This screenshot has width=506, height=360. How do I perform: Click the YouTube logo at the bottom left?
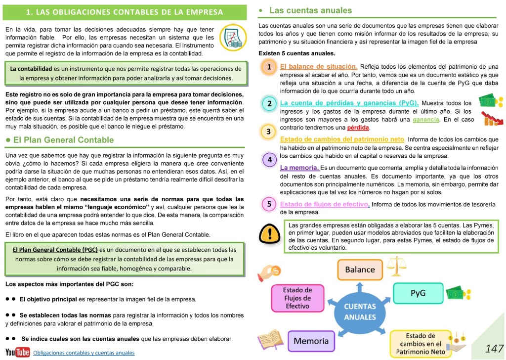click(17, 352)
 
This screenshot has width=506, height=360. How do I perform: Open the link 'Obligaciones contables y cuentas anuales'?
click(84, 353)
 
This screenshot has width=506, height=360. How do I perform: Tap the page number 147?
click(494, 349)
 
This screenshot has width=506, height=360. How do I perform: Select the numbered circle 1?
click(269, 67)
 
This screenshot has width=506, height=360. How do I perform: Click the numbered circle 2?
click(269, 103)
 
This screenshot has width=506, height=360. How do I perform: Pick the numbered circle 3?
click(268, 132)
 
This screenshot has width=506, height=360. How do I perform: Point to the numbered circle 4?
click(269, 159)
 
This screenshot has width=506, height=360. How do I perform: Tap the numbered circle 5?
click(269, 204)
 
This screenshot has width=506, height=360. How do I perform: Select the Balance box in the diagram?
click(360, 270)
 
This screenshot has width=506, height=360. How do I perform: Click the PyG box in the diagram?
click(418, 293)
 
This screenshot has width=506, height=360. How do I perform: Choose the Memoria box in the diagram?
click(311, 341)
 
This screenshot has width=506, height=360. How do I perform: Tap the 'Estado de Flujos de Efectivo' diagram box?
click(297, 298)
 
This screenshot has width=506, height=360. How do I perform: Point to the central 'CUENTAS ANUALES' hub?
click(360, 312)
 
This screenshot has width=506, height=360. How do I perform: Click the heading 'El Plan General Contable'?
click(64, 140)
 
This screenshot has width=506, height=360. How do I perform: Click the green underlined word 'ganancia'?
click(426, 120)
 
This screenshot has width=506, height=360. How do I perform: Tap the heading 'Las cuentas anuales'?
click(310, 10)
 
